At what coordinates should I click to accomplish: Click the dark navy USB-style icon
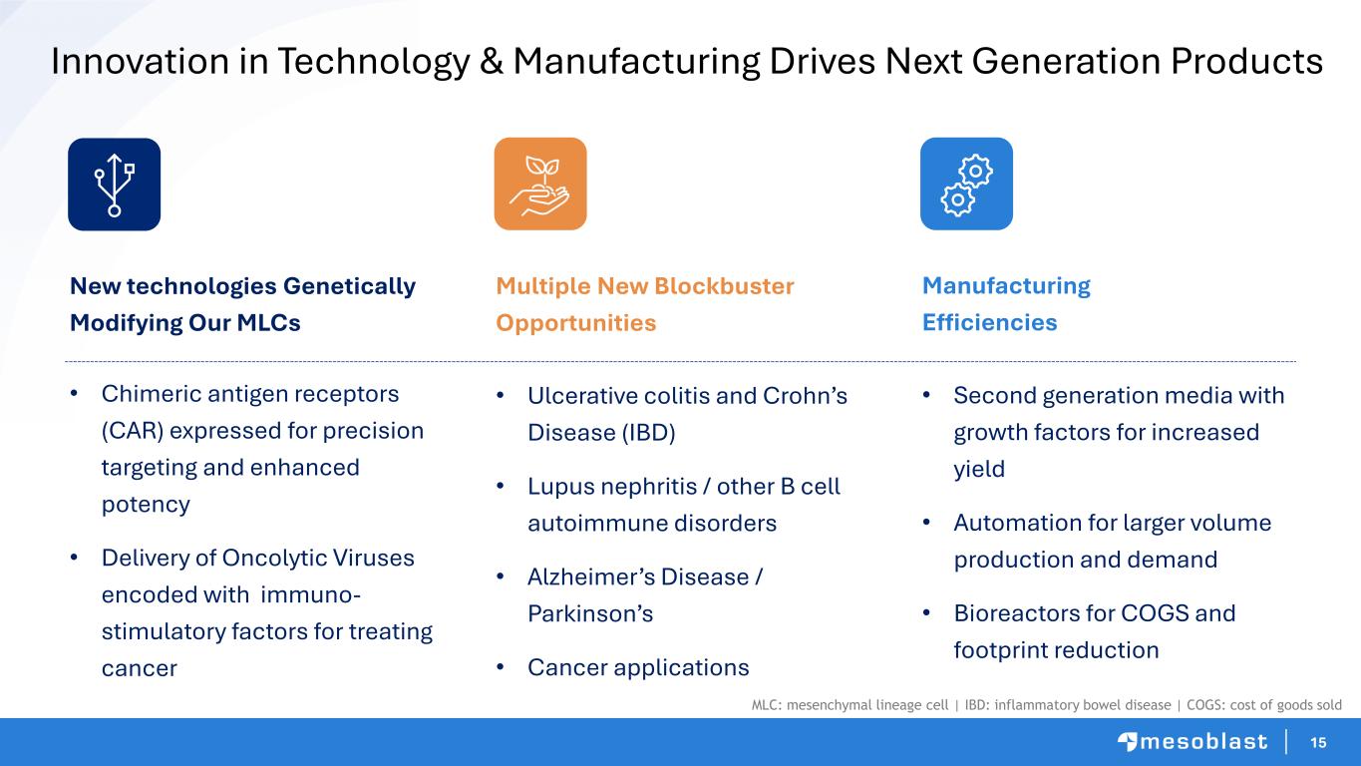pyautogui.click(x=115, y=185)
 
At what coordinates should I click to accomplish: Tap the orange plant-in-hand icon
pyautogui.click(x=540, y=184)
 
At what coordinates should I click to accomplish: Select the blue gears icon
pyautogui.click(x=966, y=184)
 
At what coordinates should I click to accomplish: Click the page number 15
pyautogui.click(x=1318, y=742)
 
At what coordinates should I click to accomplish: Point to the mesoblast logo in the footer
pyautogui.click(x=1192, y=742)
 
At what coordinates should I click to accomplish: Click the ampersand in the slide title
pyautogui.click(x=492, y=62)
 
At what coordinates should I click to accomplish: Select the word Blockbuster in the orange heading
pyautogui.click(x=724, y=285)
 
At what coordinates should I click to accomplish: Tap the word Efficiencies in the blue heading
pyautogui.click(x=990, y=322)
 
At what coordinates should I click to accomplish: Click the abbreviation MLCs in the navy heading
pyautogui.click(x=268, y=323)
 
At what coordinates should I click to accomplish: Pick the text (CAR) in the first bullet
pyautogui.click(x=133, y=431)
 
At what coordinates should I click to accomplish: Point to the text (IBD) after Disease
pyautogui.click(x=648, y=433)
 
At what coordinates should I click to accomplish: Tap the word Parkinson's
pyautogui.click(x=590, y=614)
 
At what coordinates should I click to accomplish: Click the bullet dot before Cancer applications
pyautogui.click(x=501, y=667)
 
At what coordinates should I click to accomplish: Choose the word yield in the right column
pyautogui.click(x=979, y=470)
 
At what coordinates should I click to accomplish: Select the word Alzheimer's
pyautogui.click(x=638, y=577)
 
